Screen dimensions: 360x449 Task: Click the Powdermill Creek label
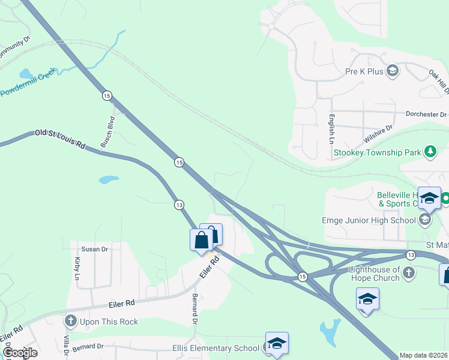pyautogui.click(x=28, y=83)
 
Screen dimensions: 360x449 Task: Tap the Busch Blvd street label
pyautogui.click(x=107, y=132)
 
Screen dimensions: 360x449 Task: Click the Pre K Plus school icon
pyautogui.click(x=393, y=71)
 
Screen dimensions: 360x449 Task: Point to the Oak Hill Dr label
pyautogui.click(x=439, y=81)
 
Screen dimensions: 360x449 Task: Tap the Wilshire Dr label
pyautogui.click(x=378, y=134)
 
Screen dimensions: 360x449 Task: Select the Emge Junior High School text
pyautogui.click(x=369, y=220)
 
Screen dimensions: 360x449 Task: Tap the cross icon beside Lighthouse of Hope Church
pyautogui.click(x=408, y=274)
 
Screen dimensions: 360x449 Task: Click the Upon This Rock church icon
pyautogui.click(x=71, y=322)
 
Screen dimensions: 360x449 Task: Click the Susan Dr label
pyautogui.click(x=95, y=249)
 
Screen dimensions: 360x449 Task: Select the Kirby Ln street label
pyautogui.click(x=77, y=269)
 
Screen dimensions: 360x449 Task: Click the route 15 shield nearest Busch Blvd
pyautogui.click(x=107, y=95)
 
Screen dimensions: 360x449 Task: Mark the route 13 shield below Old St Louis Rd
pyautogui.click(x=179, y=205)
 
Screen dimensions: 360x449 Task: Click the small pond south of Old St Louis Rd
pyautogui.click(x=109, y=179)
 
